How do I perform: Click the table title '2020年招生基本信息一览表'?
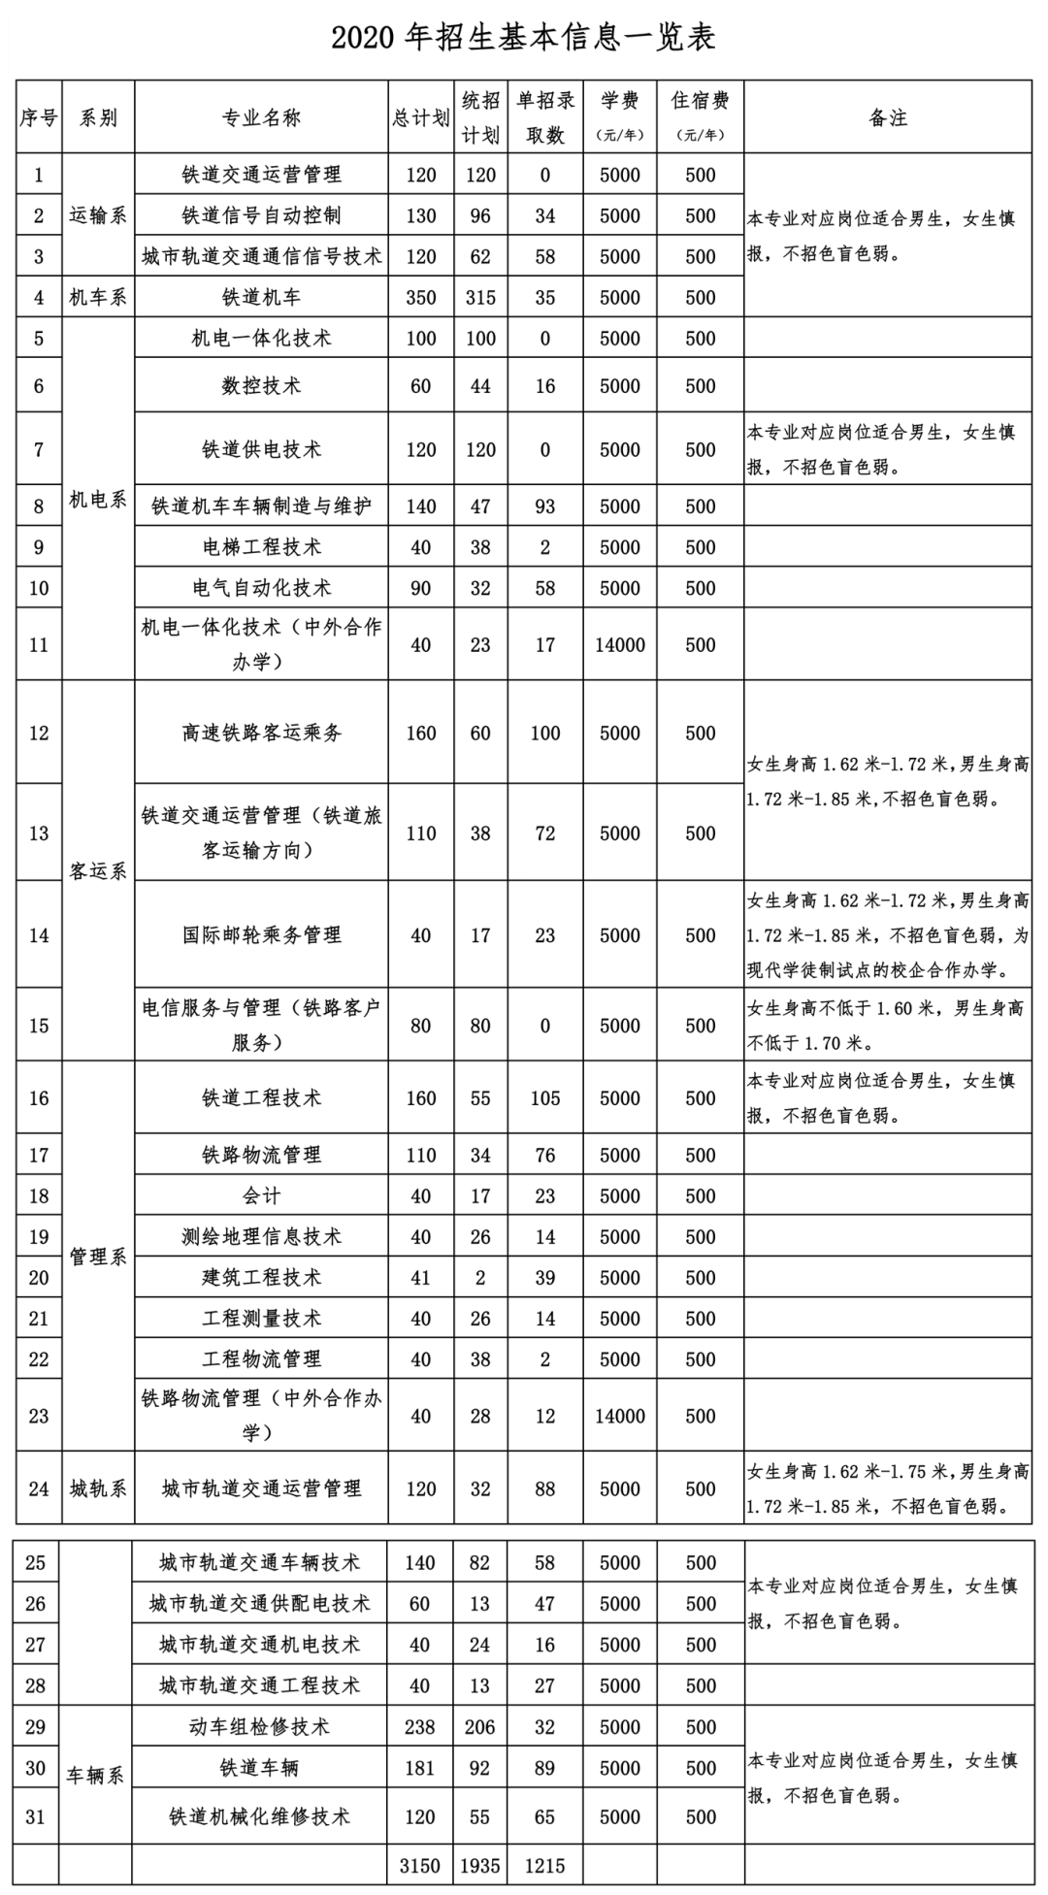click(523, 37)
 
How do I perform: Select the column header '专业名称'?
click(261, 117)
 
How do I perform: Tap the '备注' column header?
click(887, 117)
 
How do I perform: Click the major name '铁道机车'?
click(261, 298)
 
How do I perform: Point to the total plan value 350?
click(421, 298)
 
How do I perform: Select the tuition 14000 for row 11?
click(620, 645)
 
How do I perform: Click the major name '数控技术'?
click(261, 386)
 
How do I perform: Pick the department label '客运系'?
click(98, 870)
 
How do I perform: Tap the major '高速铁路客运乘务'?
click(261, 734)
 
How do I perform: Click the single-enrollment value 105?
click(545, 1098)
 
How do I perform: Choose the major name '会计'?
click(261, 1196)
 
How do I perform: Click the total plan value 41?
click(421, 1278)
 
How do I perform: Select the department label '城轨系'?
click(98, 1488)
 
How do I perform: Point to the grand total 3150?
click(419, 1866)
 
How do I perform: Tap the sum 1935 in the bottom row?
click(480, 1866)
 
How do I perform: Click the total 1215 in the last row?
click(544, 1866)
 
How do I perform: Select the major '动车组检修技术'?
click(259, 1727)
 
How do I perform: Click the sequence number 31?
click(36, 1816)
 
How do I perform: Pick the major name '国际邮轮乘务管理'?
click(261, 935)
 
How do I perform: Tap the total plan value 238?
click(419, 1727)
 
